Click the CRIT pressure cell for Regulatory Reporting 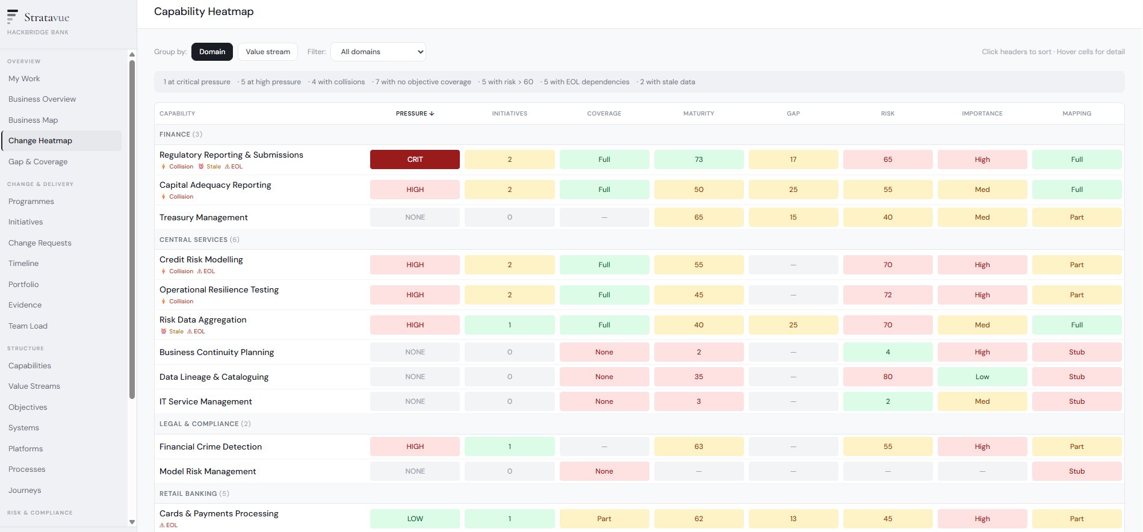click(415, 159)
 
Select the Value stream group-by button click(268, 52)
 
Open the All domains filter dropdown click(379, 52)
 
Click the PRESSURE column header click(415, 113)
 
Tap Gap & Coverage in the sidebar click(38, 161)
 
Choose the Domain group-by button click(212, 52)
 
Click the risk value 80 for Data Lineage click(888, 377)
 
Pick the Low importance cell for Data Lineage click(982, 377)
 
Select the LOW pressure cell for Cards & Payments click(415, 519)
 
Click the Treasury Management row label click(203, 217)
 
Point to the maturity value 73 click(699, 159)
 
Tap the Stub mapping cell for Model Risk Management click(1077, 471)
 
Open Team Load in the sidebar click(28, 326)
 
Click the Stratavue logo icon click(12, 16)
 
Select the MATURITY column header click(699, 113)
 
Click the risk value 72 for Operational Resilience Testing click(888, 295)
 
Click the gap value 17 click(793, 159)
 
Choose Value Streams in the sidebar click(34, 386)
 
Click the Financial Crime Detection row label click(211, 447)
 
